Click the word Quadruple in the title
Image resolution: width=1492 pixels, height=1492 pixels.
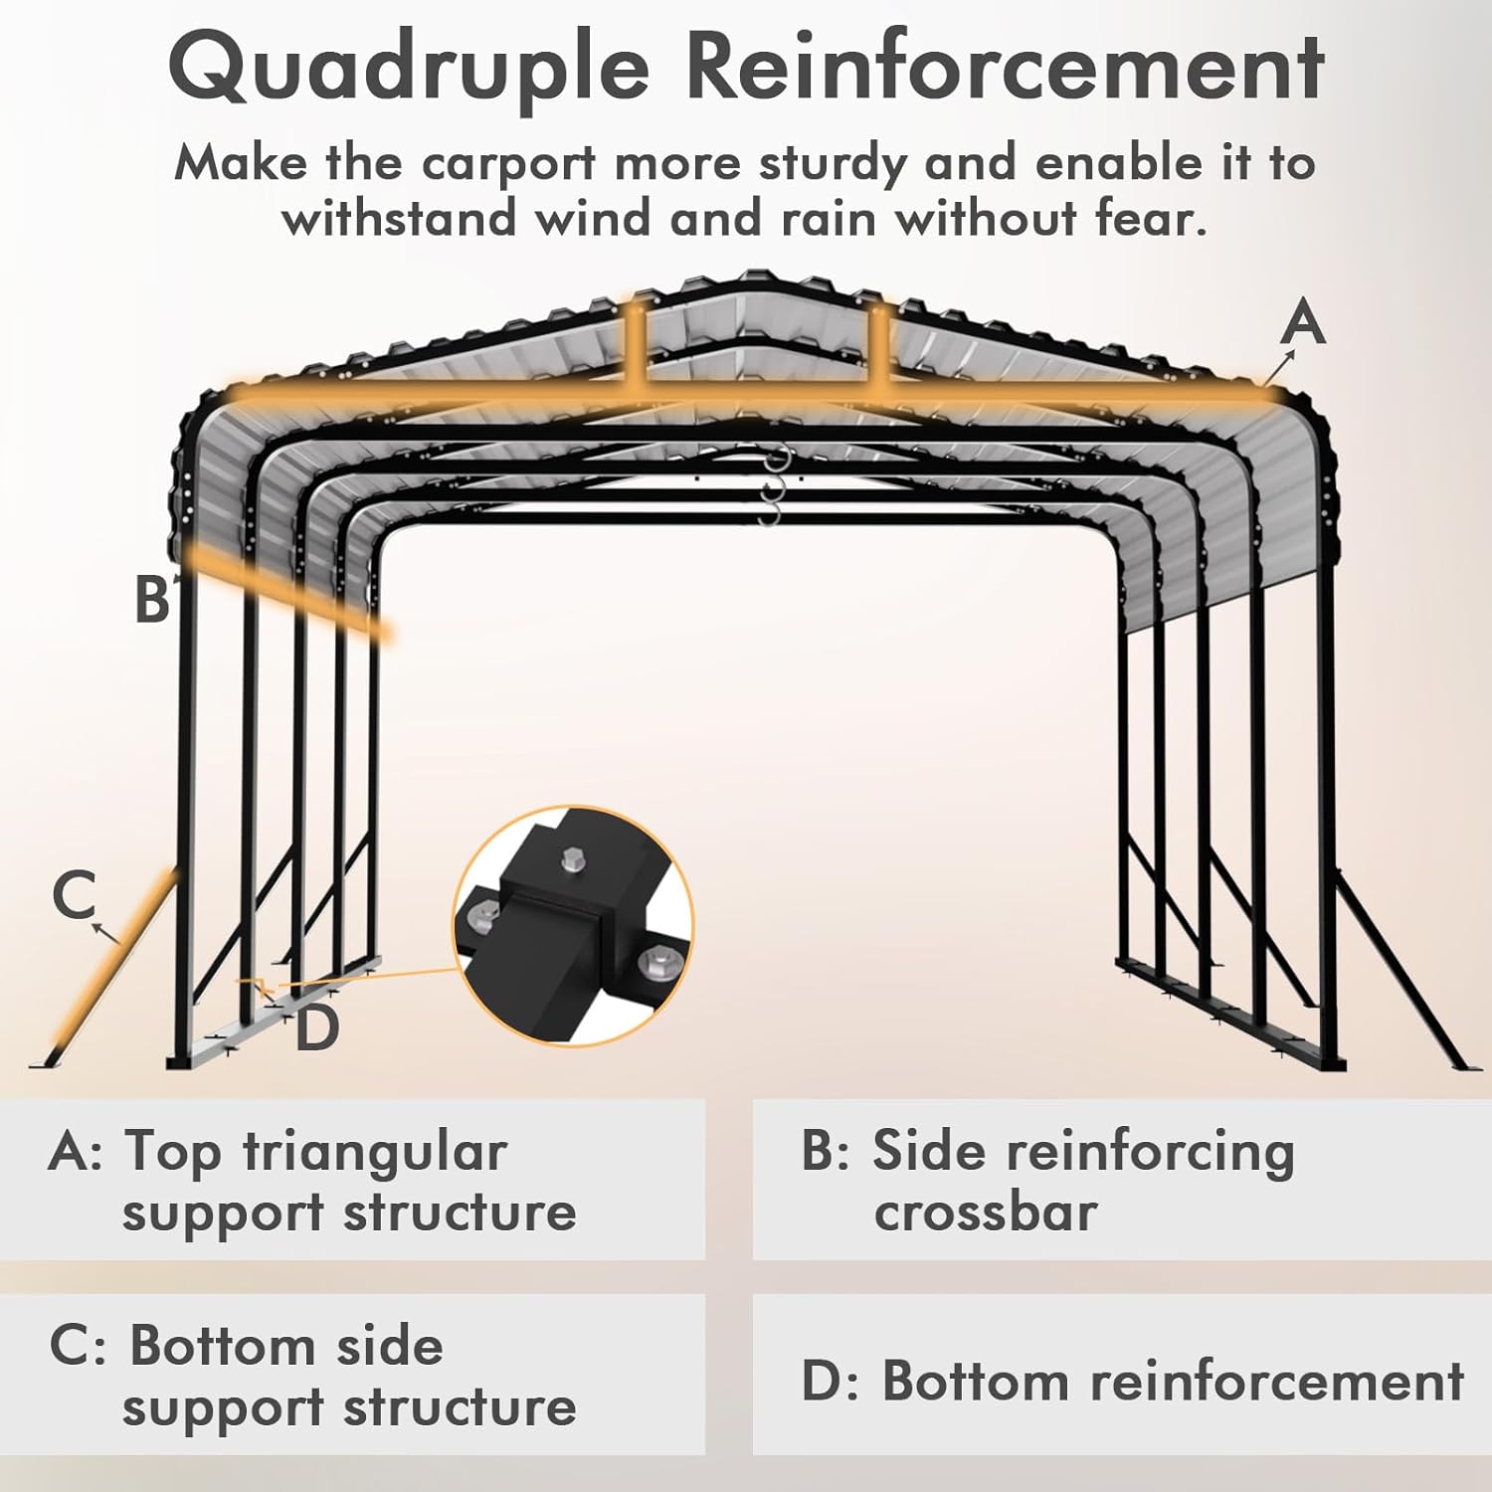408,68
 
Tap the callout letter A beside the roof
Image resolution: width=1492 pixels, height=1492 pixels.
1303,324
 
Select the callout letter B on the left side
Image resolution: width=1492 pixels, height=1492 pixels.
152,600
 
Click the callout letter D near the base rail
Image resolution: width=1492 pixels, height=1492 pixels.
317,1028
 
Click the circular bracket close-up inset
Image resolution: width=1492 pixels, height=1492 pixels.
574,926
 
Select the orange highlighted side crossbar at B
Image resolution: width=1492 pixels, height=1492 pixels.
288,593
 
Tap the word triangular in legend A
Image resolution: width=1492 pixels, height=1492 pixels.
375,1152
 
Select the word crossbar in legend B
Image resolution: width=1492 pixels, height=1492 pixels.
985,1212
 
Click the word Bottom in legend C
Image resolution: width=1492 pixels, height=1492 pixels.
221,1346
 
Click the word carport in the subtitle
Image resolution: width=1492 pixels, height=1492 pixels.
508,163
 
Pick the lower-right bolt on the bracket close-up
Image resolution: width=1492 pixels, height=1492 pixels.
656,962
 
